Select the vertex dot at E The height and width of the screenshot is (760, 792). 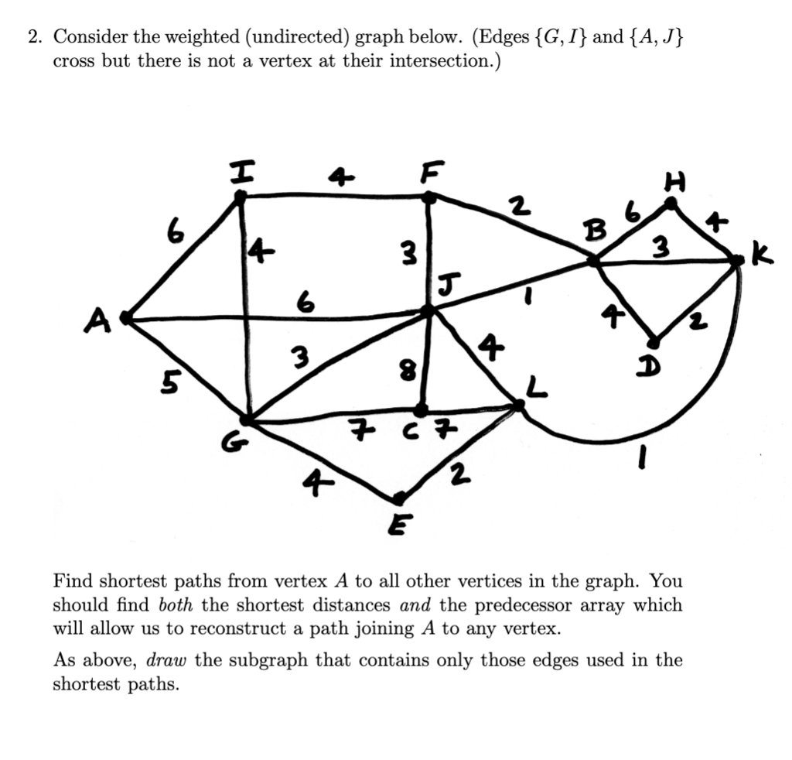[x=400, y=497]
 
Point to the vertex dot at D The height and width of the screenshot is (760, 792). [x=654, y=342]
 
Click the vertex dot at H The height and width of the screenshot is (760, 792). [x=671, y=204]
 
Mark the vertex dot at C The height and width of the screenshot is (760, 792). [x=422, y=408]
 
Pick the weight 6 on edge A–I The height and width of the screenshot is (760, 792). [x=176, y=230]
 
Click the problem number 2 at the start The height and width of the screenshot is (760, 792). [x=32, y=37]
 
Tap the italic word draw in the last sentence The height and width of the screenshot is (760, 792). [x=169, y=661]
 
